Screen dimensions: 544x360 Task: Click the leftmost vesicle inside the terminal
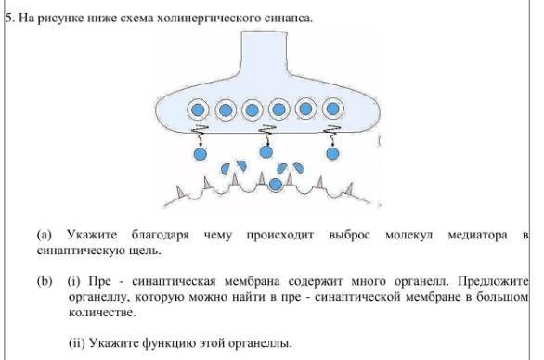(x=198, y=109)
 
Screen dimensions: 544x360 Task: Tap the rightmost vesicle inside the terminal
(x=332, y=109)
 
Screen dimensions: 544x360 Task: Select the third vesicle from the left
(x=252, y=110)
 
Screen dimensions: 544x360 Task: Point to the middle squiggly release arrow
(x=267, y=135)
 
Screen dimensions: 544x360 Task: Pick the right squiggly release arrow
(x=332, y=135)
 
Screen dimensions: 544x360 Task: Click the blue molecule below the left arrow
(x=200, y=154)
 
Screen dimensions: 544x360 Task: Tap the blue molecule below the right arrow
(x=332, y=154)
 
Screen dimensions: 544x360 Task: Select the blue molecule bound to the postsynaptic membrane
(x=276, y=185)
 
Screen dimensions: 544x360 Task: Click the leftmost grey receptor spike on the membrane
(x=180, y=192)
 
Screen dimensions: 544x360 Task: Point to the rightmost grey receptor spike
(x=350, y=189)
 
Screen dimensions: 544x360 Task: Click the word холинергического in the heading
(x=208, y=18)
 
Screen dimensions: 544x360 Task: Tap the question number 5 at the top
(x=9, y=18)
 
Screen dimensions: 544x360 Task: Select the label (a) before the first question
(x=44, y=235)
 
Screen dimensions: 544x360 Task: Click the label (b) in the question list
(x=45, y=281)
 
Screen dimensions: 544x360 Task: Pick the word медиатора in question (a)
(x=477, y=235)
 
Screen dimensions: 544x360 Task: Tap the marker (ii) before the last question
(x=76, y=343)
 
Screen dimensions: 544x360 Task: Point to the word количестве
(x=102, y=312)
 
